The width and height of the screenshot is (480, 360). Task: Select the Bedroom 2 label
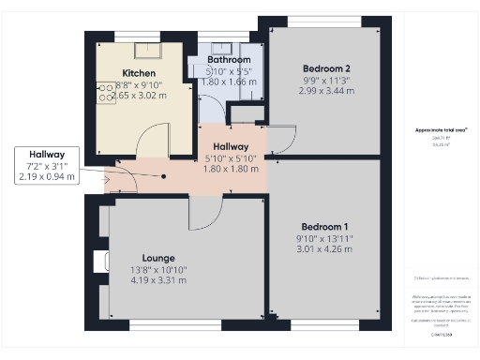(x=326, y=68)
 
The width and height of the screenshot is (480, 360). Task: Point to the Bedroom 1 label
(x=324, y=227)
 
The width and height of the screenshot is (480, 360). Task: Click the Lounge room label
(x=159, y=258)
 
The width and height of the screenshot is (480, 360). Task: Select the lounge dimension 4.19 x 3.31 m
(x=159, y=280)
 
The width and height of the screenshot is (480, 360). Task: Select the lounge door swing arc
(x=202, y=214)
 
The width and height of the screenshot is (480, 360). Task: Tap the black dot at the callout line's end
(x=165, y=175)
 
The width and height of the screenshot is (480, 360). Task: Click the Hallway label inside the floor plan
(x=230, y=146)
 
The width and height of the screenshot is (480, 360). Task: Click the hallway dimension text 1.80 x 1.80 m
(x=230, y=169)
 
